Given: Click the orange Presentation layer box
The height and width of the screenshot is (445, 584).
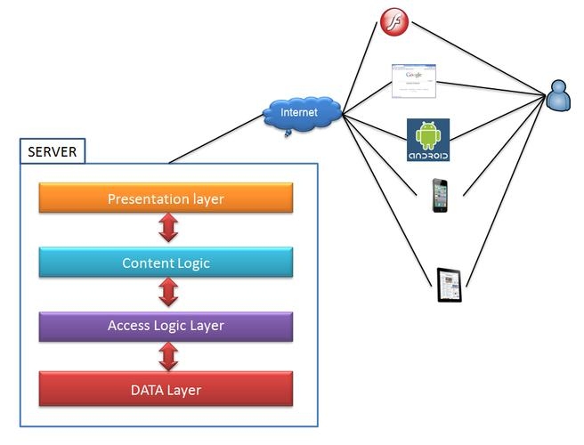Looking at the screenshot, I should click(166, 198).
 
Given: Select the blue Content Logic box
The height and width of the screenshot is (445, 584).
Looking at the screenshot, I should click(166, 263).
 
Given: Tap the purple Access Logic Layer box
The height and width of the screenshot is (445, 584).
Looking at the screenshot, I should click(166, 326).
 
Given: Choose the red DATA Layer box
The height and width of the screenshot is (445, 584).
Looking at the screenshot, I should click(166, 389).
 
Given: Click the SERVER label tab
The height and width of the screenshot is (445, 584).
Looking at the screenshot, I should click(52, 151).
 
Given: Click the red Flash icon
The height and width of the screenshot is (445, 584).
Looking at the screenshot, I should click(393, 20).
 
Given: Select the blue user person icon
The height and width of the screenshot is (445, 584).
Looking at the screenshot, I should click(559, 95).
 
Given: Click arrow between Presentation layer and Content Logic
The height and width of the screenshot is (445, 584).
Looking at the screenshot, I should click(167, 230).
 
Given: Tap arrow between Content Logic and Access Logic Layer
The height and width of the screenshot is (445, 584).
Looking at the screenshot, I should click(167, 294).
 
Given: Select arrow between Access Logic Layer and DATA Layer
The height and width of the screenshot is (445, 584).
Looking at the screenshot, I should click(167, 357).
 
